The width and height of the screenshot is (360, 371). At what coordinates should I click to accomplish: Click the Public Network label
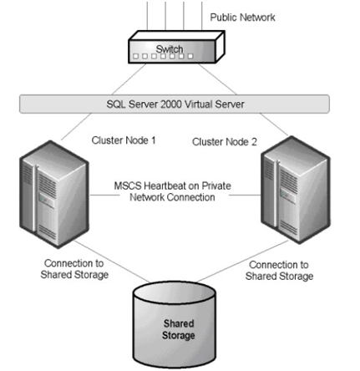(x=242, y=18)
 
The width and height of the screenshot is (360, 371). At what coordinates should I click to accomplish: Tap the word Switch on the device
(x=170, y=49)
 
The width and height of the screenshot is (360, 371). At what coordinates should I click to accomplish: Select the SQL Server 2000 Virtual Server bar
(x=175, y=104)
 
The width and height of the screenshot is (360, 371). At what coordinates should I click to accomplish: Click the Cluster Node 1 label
(x=124, y=140)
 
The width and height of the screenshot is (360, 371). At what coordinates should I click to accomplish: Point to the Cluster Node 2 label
(x=225, y=142)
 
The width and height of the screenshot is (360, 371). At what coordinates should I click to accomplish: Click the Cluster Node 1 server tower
(x=54, y=194)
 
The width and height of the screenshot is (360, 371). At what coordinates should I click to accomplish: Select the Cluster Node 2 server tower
(x=296, y=190)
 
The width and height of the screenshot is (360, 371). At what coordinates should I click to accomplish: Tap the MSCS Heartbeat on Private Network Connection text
(x=172, y=191)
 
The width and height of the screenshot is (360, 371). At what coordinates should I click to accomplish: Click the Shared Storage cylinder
(x=175, y=325)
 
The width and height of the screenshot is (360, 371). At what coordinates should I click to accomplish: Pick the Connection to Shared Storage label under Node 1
(x=74, y=269)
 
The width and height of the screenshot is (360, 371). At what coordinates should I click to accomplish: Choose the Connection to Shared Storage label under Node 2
(x=279, y=271)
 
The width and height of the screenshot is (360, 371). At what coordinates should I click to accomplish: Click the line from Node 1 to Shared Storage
(x=111, y=262)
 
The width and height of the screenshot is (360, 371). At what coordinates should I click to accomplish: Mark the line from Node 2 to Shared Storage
(x=243, y=261)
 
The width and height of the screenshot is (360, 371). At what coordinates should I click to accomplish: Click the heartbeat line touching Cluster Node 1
(x=104, y=195)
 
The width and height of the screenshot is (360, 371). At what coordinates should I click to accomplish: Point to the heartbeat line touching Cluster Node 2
(x=245, y=195)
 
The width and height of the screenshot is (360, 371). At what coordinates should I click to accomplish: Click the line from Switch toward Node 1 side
(x=129, y=79)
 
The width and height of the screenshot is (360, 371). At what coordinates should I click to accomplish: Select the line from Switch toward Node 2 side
(x=218, y=79)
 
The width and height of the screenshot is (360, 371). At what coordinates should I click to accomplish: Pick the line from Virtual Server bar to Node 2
(x=274, y=125)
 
